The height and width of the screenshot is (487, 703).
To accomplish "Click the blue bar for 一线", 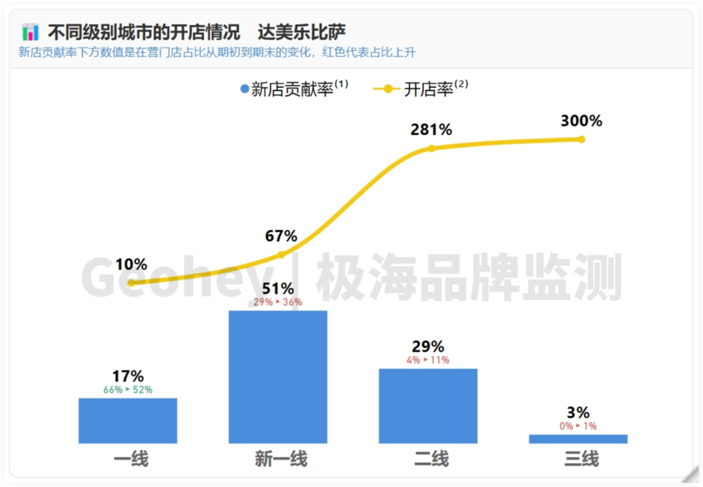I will click(127, 420).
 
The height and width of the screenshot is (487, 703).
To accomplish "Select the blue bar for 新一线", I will click(278, 377).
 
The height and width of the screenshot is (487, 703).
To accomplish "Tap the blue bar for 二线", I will click(427, 405).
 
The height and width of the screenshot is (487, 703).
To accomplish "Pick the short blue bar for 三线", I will click(578, 439).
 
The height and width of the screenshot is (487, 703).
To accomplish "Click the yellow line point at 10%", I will click(131, 283).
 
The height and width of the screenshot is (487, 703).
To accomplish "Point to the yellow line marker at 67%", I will click(281, 254).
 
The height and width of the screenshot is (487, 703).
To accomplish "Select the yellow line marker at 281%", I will click(432, 148).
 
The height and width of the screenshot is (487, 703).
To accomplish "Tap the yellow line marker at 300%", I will click(581, 139).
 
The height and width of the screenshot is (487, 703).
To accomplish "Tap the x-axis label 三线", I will click(581, 460).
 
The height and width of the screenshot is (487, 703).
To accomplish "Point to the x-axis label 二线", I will click(431, 460).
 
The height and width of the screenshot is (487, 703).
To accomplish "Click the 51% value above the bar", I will click(278, 289).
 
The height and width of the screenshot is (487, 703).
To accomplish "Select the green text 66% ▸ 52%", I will click(128, 389).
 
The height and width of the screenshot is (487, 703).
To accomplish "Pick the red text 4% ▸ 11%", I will click(427, 360).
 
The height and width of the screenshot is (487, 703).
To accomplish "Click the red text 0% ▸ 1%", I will click(578, 426).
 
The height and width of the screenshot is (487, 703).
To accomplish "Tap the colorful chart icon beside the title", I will click(30, 32).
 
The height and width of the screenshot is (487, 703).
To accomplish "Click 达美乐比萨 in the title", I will click(302, 32).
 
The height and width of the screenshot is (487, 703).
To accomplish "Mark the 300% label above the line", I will click(581, 121).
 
